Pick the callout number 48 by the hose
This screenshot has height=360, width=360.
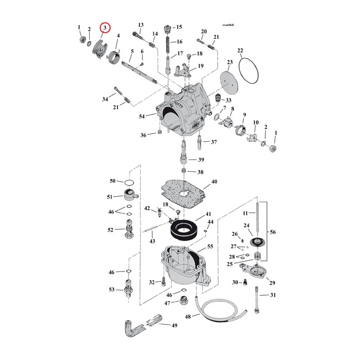188,317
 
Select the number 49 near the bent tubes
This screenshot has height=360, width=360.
174,326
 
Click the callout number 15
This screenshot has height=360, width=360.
179,27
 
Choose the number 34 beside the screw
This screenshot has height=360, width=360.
105,99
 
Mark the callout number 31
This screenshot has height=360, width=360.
272,295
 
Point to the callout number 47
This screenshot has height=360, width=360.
167,303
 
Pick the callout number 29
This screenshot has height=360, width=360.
272,283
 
